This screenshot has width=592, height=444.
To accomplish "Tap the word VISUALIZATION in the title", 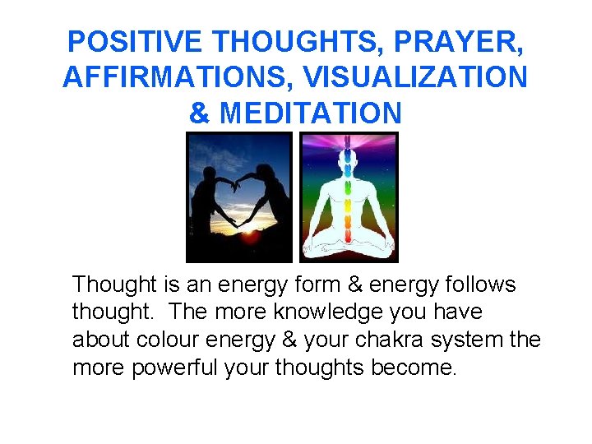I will [414, 77].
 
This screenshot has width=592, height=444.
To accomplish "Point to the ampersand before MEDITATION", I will [199, 113].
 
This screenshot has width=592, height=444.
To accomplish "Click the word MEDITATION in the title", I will [311, 113].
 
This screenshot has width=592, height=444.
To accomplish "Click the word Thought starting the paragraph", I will [114, 284].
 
